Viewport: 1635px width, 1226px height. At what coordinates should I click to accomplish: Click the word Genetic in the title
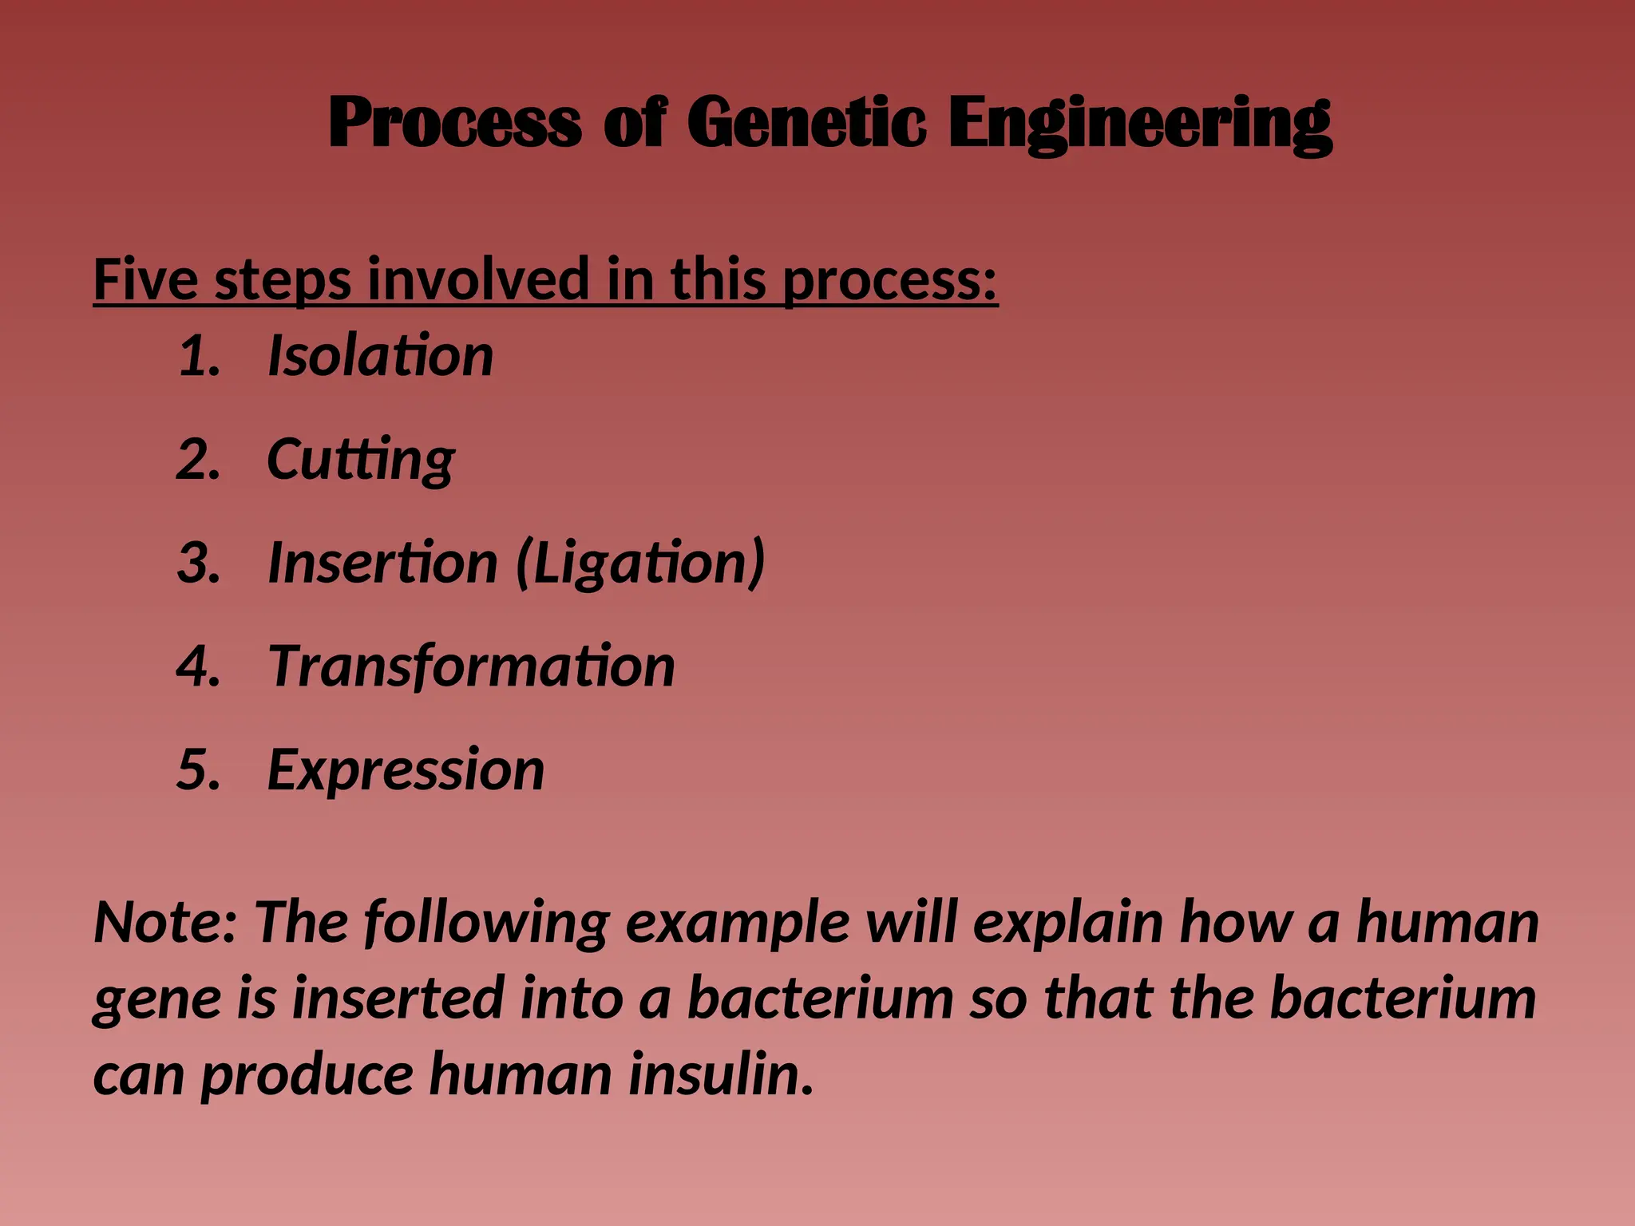[x=806, y=122]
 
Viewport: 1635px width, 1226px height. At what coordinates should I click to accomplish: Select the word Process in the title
[x=454, y=122]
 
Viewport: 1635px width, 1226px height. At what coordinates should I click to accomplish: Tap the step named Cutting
[x=360, y=460]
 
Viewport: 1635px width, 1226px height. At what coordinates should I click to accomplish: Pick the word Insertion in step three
[x=382, y=563]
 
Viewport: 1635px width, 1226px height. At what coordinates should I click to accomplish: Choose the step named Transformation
[x=471, y=666]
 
